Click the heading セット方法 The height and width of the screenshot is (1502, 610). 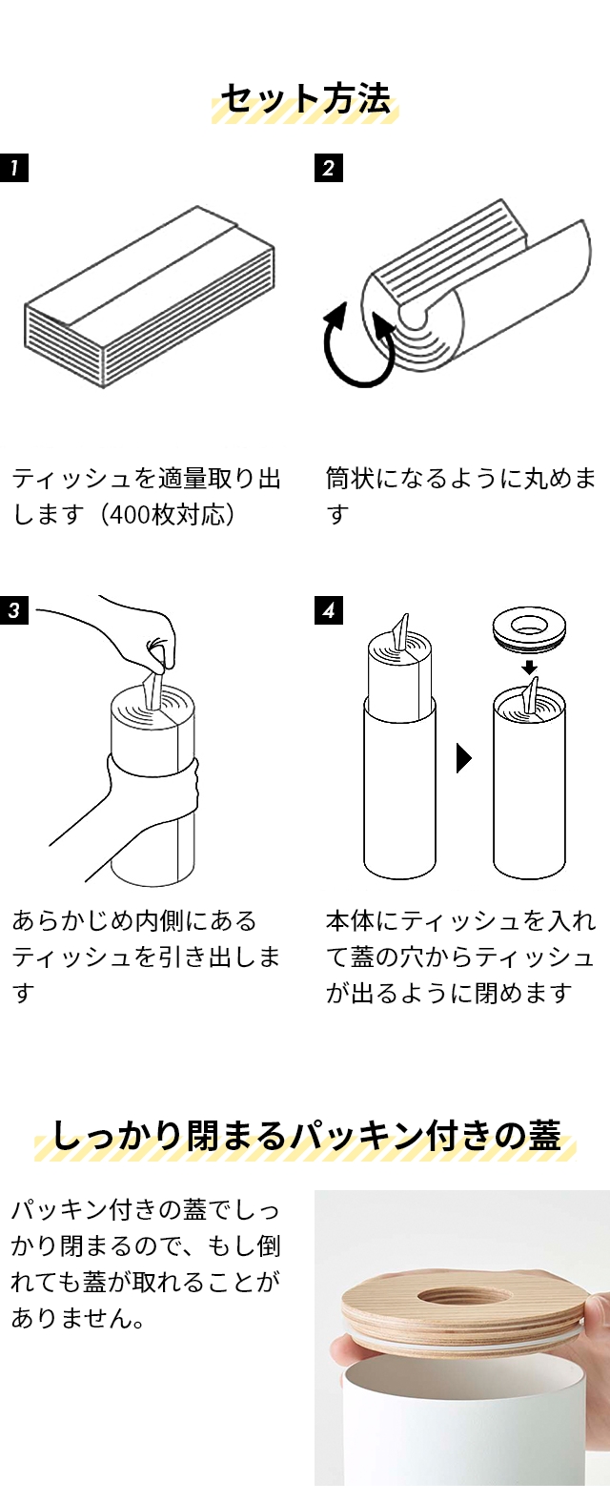click(x=305, y=100)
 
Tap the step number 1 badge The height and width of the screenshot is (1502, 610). click(x=14, y=169)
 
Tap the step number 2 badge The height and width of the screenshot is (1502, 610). click(x=328, y=169)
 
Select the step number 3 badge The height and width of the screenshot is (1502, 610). click(x=14, y=610)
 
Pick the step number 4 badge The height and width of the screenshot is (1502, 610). click(x=328, y=610)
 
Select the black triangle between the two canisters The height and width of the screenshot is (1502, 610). click(x=464, y=758)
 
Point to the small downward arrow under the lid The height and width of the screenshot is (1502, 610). click(x=529, y=667)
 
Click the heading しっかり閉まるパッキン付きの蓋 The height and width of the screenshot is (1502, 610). click(x=305, y=1137)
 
